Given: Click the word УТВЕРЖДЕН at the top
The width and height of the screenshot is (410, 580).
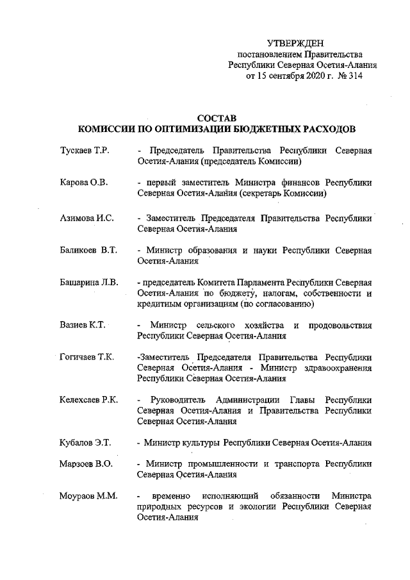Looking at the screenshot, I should coord(300,43).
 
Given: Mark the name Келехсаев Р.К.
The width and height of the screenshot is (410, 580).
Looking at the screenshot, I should coord(88,400).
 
